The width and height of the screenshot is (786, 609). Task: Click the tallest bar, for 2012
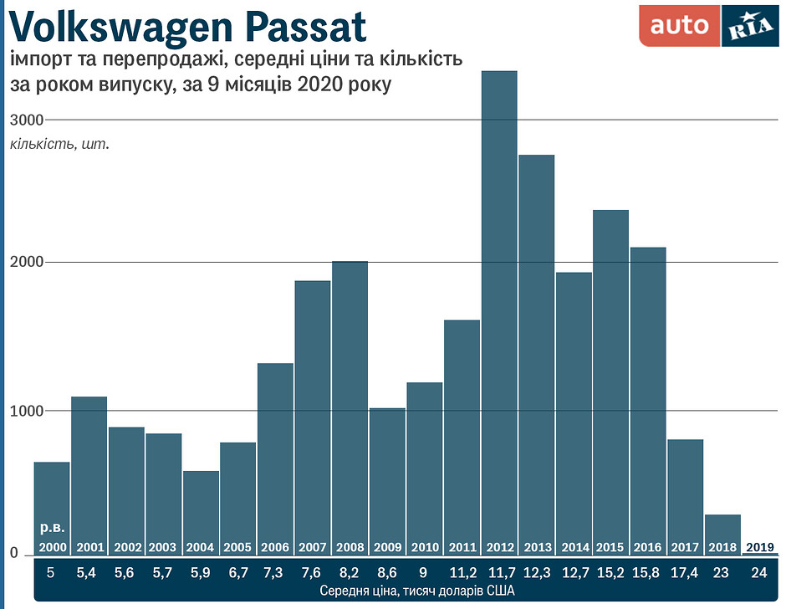pos(499,310)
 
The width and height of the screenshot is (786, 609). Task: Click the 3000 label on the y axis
pos(26,120)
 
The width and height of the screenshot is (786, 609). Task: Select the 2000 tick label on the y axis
pos(26,263)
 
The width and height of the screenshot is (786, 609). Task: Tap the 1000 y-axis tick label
pos(26,412)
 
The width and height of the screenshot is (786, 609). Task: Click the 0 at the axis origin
pos(14,554)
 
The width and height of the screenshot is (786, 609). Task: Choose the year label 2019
pos(759,547)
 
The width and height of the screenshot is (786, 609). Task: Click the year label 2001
pos(89,548)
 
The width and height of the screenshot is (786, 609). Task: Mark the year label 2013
pos(537,548)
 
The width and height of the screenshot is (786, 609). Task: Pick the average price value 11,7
pos(500,573)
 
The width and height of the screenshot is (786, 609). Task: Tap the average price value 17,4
pos(686,573)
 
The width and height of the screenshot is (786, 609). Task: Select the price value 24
pos(759,573)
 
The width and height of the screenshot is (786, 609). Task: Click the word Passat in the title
pos(307,27)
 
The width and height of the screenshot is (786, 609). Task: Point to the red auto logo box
pos(679,26)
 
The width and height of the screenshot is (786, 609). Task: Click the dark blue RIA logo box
pos(749,26)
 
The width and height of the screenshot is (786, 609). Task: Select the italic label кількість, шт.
pos(59,144)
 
